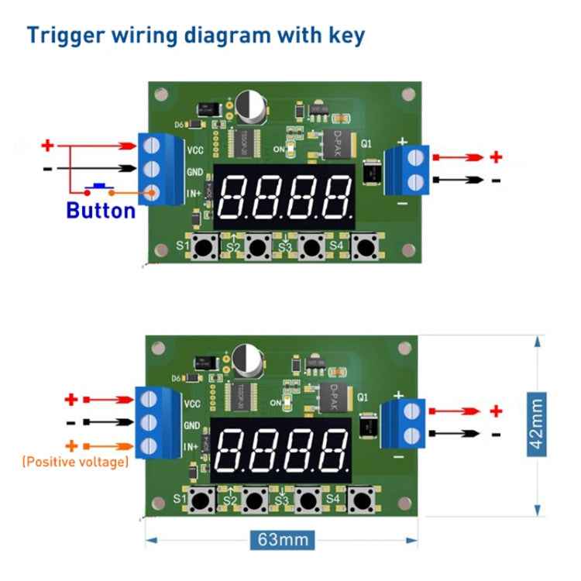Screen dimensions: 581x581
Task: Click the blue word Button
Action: point(101,210)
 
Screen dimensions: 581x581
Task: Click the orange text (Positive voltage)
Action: point(74,462)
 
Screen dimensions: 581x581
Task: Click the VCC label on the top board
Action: point(195,150)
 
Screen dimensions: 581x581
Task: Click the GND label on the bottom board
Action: point(192,425)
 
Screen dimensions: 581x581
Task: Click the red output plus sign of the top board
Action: point(496,157)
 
